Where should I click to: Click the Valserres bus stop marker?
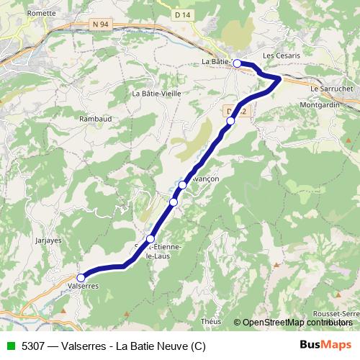tap(81, 277)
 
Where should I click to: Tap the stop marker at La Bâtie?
tap(237, 63)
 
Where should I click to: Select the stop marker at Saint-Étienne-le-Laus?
tap(150, 239)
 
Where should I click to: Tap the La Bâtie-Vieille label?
tap(156, 93)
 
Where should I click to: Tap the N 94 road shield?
tap(100, 24)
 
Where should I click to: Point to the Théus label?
tap(212, 322)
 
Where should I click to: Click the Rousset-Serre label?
tap(336, 315)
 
